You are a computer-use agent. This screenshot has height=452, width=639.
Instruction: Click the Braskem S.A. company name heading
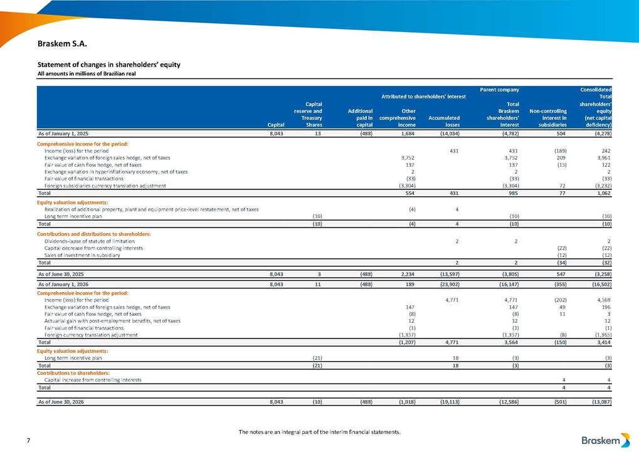click(62, 44)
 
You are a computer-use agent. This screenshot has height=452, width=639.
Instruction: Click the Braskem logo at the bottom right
click(606, 440)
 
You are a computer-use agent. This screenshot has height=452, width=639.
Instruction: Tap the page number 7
click(28, 440)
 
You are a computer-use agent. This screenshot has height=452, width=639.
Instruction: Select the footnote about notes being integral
click(320, 432)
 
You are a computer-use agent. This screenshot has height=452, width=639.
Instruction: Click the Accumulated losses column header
click(444, 121)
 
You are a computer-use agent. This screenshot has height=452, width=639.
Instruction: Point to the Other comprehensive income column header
click(398, 118)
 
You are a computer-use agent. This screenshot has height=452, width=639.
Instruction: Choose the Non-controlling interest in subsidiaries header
click(547, 118)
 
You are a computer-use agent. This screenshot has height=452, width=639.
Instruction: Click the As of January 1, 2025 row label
click(63, 134)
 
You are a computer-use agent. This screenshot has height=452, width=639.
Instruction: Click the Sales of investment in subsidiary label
click(82, 255)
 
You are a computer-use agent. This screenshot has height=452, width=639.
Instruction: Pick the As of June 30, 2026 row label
click(61, 402)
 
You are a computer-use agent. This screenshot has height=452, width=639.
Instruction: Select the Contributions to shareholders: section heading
click(73, 373)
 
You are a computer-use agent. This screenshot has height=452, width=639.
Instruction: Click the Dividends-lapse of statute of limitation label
click(89, 241)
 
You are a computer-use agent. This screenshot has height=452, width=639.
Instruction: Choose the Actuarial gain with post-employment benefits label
click(112, 321)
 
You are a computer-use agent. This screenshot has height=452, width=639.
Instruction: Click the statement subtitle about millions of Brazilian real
click(87, 74)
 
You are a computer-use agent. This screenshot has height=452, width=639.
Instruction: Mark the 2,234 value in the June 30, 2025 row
click(408, 275)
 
